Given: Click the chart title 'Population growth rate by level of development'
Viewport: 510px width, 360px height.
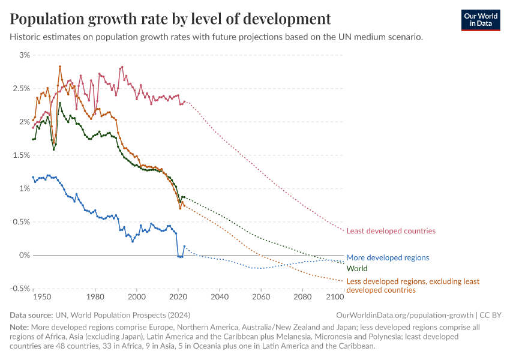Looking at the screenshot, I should click(x=170, y=19).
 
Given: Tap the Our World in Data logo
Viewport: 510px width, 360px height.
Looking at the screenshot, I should click(x=480, y=19).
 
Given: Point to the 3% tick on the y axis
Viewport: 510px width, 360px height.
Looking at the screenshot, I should click(x=24, y=55).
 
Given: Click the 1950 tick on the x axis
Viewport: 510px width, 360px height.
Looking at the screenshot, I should click(x=41, y=297).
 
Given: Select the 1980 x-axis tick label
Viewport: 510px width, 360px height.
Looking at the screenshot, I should click(x=95, y=297).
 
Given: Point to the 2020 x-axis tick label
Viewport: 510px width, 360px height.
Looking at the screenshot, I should click(x=178, y=297).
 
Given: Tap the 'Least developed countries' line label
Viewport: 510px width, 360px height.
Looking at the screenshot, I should click(x=391, y=231).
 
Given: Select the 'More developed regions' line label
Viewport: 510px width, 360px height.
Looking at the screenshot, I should click(x=388, y=257).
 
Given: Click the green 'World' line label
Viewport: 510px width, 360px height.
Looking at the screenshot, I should click(x=357, y=269).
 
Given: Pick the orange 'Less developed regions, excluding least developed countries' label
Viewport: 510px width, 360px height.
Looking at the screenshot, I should click(x=413, y=286).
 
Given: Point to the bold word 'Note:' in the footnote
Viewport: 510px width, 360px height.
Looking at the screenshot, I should click(x=21, y=328).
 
